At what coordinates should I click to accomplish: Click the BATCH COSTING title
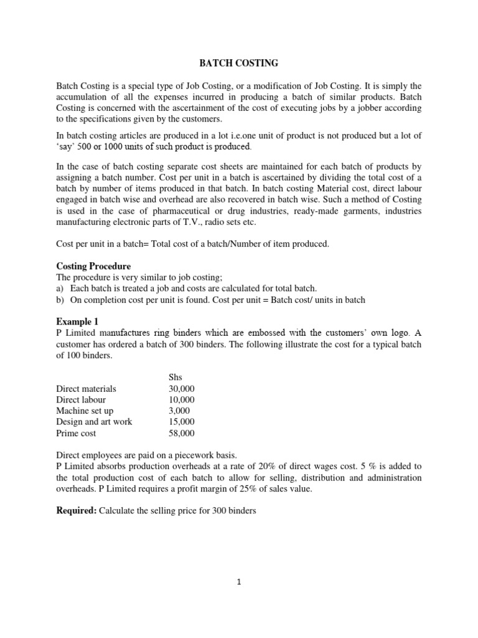click(x=238, y=63)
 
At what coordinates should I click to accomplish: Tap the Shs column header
click(x=177, y=377)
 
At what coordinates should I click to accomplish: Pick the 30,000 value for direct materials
click(x=182, y=388)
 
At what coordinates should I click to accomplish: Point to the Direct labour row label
click(x=81, y=399)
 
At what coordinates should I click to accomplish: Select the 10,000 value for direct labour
click(x=182, y=399)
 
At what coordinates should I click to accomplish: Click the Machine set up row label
click(x=85, y=411)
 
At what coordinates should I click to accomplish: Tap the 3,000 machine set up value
click(x=179, y=411)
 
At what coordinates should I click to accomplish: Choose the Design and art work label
click(x=94, y=422)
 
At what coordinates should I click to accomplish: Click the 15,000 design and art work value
click(x=182, y=422)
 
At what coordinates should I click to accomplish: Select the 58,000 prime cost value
click(x=182, y=433)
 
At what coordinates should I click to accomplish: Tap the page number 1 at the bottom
click(x=239, y=583)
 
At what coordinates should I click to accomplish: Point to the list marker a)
click(x=60, y=288)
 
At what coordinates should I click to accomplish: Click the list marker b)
click(x=60, y=300)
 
